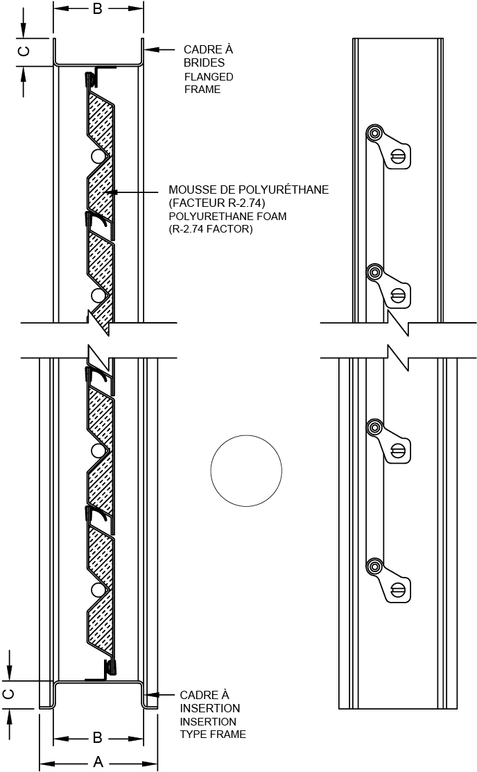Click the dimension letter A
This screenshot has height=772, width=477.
tap(98, 762)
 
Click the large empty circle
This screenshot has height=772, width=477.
tap(246, 470)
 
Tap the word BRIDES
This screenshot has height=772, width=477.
tap(204, 62)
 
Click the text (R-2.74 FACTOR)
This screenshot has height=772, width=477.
tap(211, 229)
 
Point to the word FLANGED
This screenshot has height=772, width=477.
tap(209, 77)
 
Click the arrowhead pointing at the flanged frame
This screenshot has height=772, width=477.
tap(150, 49)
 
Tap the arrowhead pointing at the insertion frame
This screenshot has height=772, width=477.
tap(150, 695)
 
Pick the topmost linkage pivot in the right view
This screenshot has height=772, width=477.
tap(374, 133)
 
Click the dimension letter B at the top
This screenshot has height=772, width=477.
tap(97, 9)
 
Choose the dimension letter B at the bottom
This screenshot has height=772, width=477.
tap(97, 737)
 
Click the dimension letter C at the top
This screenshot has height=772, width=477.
tap(24, 51)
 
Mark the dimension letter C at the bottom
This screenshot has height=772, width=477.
tap(8, 694)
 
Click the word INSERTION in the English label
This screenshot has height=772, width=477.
tap(208, 722)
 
